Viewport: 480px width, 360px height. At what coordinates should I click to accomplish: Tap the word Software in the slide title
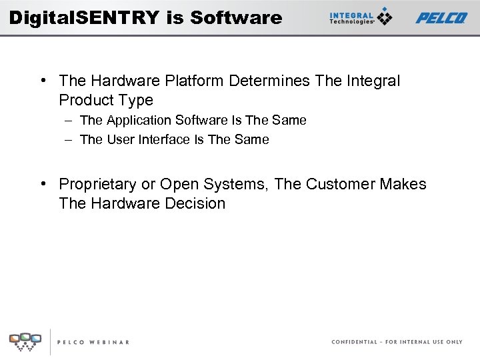(x=236, y=17)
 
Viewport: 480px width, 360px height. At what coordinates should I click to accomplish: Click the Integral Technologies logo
(x=361, y=17)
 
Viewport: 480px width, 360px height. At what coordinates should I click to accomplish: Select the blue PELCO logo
(x=441, y=18)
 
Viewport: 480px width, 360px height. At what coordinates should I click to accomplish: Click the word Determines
(x=269, y=81)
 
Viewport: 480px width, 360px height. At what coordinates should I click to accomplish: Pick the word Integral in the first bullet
(x=373, y=81)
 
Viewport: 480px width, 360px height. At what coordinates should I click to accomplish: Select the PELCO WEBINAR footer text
(x=93, y=342)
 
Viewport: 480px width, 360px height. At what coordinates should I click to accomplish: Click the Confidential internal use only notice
(x=397, y=342)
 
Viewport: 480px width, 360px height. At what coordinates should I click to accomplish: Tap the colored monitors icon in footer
(x=25, y=341)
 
